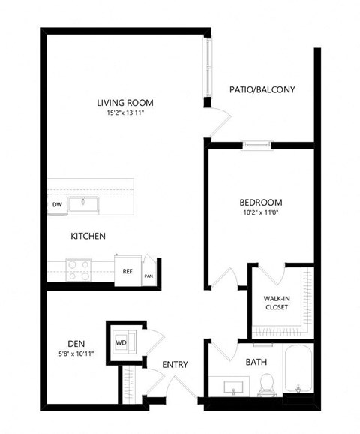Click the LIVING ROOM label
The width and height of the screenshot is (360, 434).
pyautogui.click(x=121, y=103)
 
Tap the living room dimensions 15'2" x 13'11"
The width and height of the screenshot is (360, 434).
pyautogui.click(x=121, y=114)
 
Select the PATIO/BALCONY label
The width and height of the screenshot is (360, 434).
pyautogui.click(x=262, y=89)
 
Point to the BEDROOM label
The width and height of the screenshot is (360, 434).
pyautogui.click(x=260, y=202)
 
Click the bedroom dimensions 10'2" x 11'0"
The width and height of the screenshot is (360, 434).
pyautogui.click(x=260, y=213)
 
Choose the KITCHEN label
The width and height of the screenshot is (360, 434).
pyautogui.click(x=88, y=236)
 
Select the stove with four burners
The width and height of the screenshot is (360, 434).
pyautogui.click(x=79, y=268)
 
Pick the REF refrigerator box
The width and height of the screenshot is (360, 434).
pyautogui.click(x=127, y=271)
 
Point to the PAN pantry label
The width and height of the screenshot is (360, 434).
pyautogui.click(x=148, y=275)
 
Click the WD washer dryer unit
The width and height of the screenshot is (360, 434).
pyautogui.click(x=121, y=342)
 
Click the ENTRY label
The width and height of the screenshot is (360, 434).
pyautogui.click(x=175, y=366)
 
